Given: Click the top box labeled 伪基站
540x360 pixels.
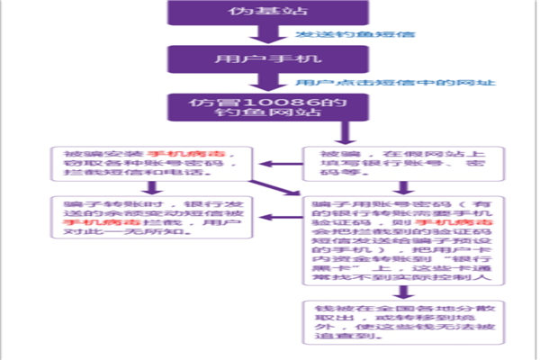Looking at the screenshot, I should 256,12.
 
